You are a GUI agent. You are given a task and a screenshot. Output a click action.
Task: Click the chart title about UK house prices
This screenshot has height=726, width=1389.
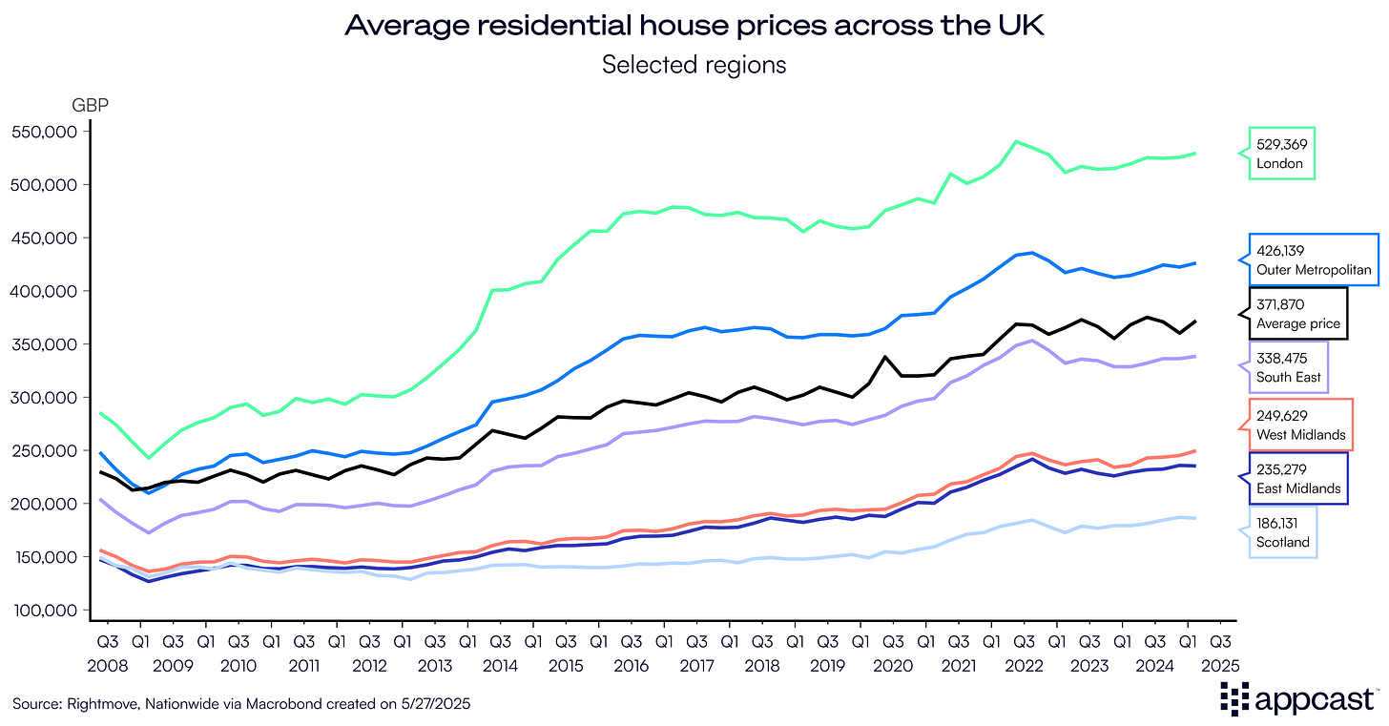pyautogui.click(x=694, y=26)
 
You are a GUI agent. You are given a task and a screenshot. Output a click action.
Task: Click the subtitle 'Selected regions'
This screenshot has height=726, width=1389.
pyautogui.click(x=694, y=65)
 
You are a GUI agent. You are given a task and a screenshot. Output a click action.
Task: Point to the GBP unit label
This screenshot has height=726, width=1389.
pyautogui.click(x=91, y=105)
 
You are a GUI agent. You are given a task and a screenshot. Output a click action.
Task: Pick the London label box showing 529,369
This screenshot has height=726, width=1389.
pyautogui.click(x=1282, y=154)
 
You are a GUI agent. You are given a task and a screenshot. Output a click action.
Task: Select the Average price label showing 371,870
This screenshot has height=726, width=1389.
pyautogui.click(x=1298, y=314)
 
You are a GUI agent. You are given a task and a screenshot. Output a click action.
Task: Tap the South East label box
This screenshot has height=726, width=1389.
pyautogui.click(x=1289, y=367)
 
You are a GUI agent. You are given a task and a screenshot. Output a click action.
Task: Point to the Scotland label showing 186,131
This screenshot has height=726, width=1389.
pyautogui.click(x=1283, y=532)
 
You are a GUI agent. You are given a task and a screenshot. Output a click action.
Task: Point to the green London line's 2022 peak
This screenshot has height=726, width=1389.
pyautogui.click(x=1017, y=141)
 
